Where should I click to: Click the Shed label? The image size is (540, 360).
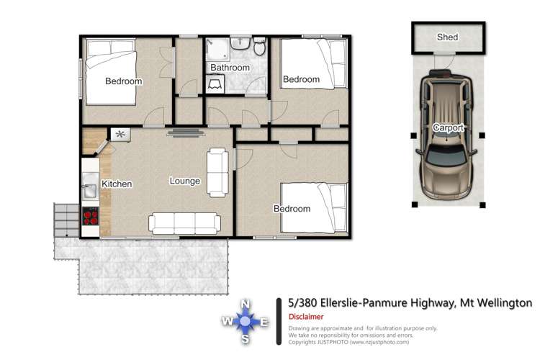(447, 37)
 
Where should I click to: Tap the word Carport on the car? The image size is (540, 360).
(448, 127)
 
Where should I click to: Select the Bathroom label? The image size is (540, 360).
(230, 68)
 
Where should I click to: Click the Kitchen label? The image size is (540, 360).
(117, 184)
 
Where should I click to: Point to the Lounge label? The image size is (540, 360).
(185, 181)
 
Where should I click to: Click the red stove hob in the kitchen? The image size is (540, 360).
(91, 216)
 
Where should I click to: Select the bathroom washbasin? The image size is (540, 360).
(240, 44)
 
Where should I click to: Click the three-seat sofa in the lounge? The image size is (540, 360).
(184, 224)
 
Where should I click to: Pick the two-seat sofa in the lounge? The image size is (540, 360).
(217, 172)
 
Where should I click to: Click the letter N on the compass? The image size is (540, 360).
(245, 304)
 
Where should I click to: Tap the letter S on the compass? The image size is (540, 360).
(246, 339)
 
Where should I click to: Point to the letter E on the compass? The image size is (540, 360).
(264, 322)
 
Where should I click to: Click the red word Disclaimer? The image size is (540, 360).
(306, 317)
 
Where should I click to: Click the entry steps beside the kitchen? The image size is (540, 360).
(66, 220)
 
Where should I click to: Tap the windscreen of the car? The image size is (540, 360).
(447, 154)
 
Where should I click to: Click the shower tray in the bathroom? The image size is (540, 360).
(217, 50)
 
